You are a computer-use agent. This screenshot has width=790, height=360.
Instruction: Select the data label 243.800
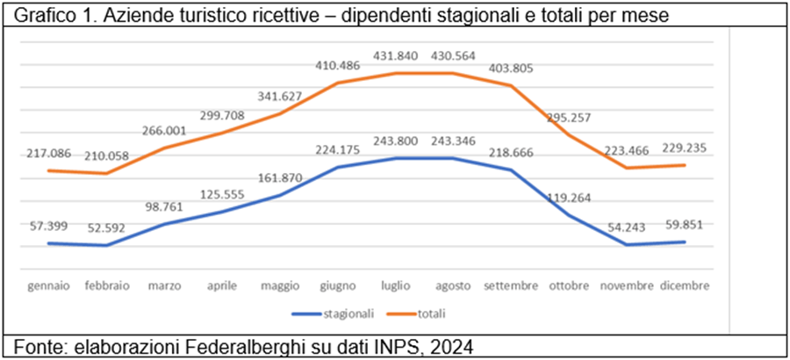(396, 141)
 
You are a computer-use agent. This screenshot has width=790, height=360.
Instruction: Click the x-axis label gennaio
(49, 286)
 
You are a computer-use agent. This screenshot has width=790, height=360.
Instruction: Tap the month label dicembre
(686, 286)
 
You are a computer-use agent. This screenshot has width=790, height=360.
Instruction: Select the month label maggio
(281, 286)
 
